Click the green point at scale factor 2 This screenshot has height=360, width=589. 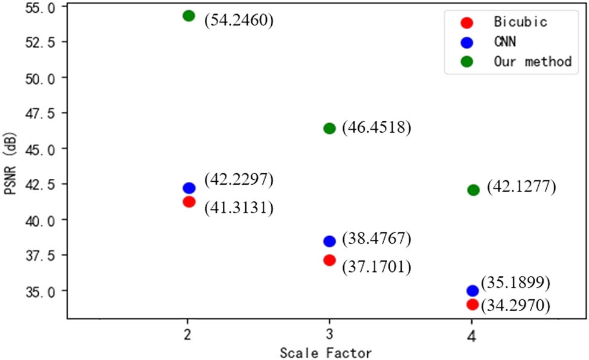click(x=188, y=16)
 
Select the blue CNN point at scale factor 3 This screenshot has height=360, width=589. click(x=329, y=241)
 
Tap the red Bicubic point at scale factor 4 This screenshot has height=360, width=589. click(x=472, y=304)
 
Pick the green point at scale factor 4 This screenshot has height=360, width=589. click(x=473, y=190)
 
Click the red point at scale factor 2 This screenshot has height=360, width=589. click(x=188, y=202)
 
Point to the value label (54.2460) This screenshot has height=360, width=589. click(x=239, y=20)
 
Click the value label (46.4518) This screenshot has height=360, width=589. click(x=376, y=128)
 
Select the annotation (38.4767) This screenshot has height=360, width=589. click(x=376, y=239)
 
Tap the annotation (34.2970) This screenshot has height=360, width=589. click(x=515, y=306)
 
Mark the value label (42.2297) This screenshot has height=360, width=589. click(x=239, y=179)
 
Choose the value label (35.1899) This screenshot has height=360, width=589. click(x=515, y=283)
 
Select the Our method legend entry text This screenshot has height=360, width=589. click(x=532, y=62)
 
